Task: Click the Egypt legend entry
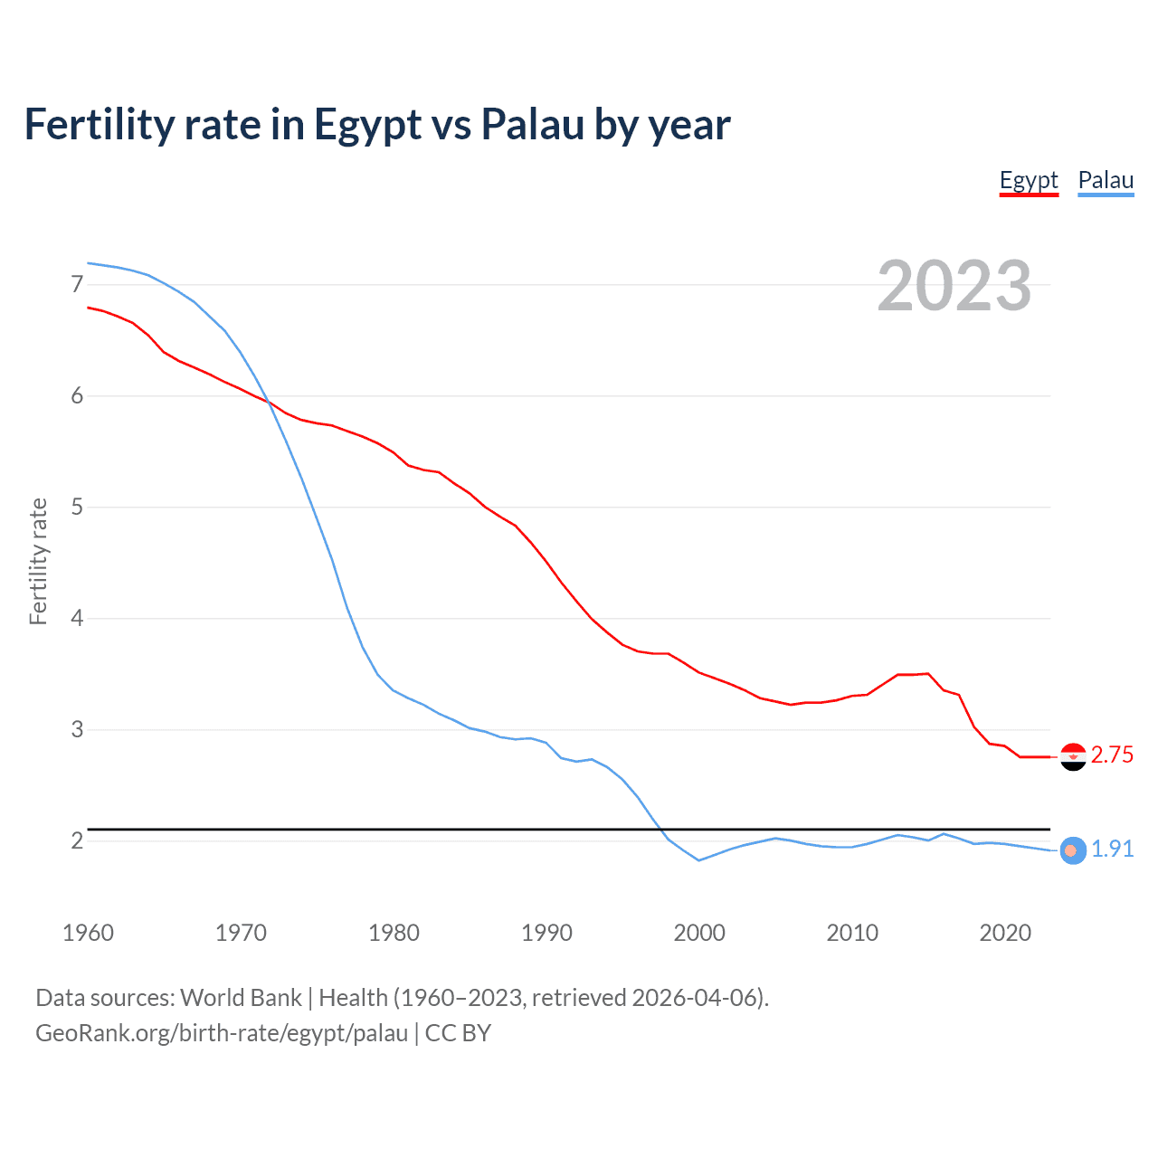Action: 1029,180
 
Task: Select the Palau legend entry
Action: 1106,180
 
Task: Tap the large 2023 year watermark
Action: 954,286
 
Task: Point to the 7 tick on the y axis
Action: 77,285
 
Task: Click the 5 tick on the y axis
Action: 77,508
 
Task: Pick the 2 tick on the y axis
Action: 77,841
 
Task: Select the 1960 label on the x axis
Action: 88,933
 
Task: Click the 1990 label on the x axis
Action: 546,933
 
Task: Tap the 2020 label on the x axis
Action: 1005,933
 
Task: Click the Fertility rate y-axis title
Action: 38,561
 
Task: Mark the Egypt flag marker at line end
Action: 1073,756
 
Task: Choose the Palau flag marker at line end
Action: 1072,850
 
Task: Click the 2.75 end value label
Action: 1112,755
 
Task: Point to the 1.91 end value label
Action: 1112,849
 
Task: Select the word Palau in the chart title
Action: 532,125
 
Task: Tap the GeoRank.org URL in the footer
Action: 222,1033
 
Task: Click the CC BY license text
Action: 458,1033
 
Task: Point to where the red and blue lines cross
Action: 270,403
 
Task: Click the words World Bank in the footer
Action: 241,998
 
